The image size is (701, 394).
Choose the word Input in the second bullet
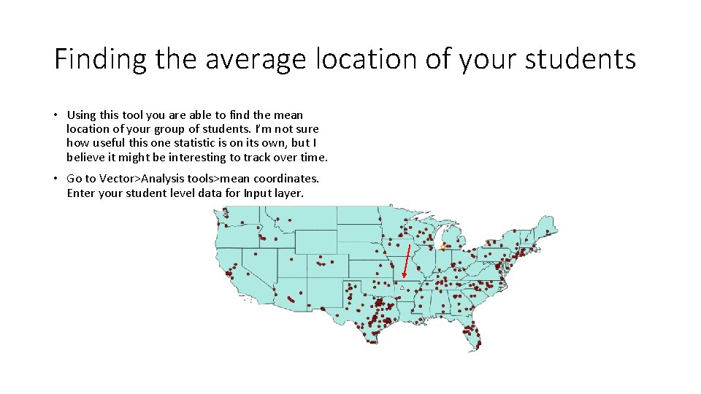(256, 193)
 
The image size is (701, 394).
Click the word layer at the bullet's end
(289, 193)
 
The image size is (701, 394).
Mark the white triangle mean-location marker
(402, 288)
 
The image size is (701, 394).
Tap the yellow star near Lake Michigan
(443, 247)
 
